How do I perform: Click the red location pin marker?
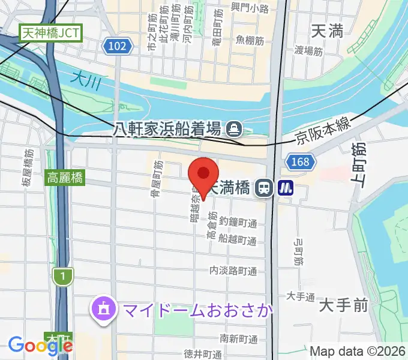click(203, 176)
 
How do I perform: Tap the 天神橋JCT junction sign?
click(50, 32)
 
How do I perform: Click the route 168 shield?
click(301, 162)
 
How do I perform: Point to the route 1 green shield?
click(62, 276)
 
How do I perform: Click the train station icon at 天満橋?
click(263, 188)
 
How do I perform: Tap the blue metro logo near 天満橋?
click(284, 188)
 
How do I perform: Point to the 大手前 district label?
click(343, 306)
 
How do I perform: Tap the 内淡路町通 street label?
click(234, 271)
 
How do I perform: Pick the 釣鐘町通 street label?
click(238, 223)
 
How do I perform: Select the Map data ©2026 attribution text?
click(358, 350)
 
